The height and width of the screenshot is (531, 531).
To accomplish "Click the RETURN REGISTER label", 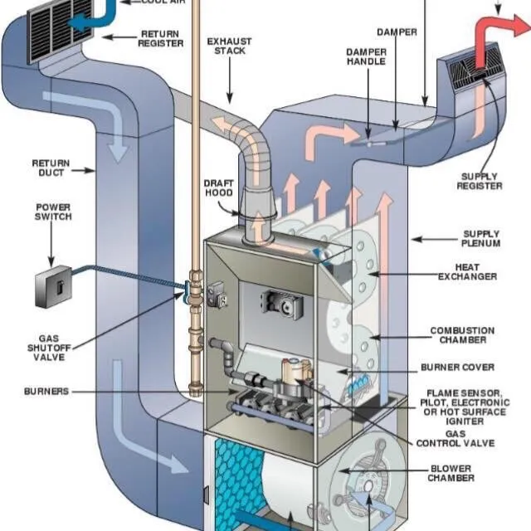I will (160, 39).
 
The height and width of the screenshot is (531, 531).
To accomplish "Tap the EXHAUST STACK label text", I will (229, 46).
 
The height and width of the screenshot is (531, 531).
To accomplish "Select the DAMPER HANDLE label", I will (366, 56).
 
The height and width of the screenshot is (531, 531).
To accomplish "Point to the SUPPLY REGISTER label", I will (480, 181).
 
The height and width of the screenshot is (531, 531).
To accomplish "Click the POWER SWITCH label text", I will (53, 212).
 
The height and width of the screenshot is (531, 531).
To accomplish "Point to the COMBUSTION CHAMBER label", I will (462, 336).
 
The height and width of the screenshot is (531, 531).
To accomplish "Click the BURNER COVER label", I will (457, 367).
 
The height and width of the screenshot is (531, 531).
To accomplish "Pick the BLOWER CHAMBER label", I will (451, 473).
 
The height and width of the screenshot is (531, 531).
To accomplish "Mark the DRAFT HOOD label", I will (218, 188).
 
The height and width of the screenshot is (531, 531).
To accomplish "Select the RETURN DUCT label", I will (51, 168).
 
